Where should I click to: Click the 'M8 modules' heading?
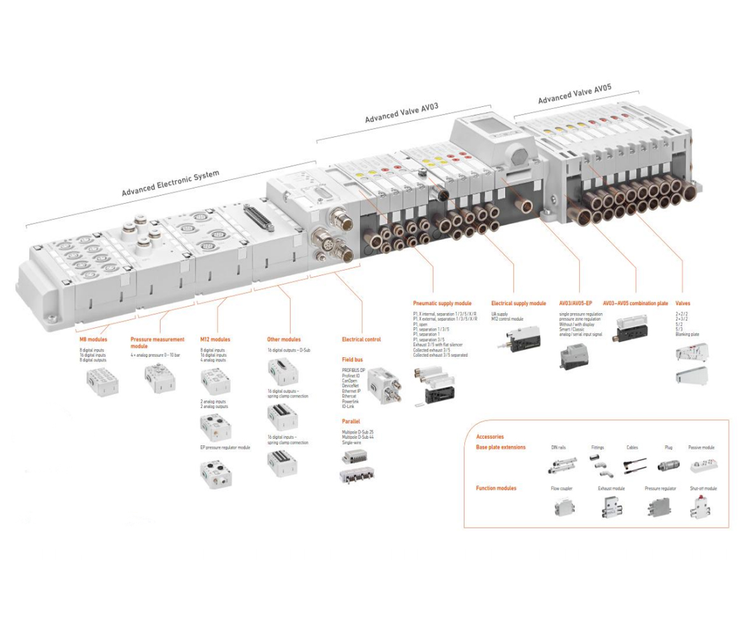93,339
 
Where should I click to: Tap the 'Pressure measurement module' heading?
157,343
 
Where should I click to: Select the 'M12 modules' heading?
215,339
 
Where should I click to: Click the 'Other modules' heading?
283,339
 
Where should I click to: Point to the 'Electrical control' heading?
361,339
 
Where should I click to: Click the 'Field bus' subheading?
352,360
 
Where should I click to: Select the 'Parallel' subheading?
351,421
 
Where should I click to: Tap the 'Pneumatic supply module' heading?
442,303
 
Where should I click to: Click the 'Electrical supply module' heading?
519,303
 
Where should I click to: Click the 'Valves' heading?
682,303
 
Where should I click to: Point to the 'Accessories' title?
490,437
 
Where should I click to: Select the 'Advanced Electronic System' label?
170,183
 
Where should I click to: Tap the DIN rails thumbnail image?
561,466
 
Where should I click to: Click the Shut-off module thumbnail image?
702,508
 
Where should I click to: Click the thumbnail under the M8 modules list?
102,382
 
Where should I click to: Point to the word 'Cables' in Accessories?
632,448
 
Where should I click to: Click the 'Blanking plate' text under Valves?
687,334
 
